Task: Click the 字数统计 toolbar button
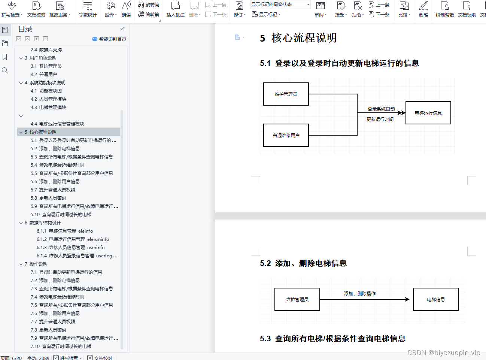(x=88, y=9)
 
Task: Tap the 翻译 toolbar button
(x=110, y=9)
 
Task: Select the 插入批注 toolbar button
(x=175, y=9)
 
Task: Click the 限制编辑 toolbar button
(x=444, y=9)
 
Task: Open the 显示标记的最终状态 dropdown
(x=280, y=4)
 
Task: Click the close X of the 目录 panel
(x=122, y=29)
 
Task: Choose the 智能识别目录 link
(x=109, y=39)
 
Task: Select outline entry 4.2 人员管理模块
(x=52, y=99)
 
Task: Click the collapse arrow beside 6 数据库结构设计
(x=21, y=223)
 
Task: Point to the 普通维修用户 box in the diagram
(x=286, y=135)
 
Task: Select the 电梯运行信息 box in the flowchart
(x=428, y=113)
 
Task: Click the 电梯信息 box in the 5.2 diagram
(x=435, y=299)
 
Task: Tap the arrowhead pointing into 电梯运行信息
(x=402, y=113)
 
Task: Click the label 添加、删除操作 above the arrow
(x=360, y=294)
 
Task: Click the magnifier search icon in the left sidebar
(x=5, y=70)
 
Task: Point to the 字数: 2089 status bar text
(x=38, y=358)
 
